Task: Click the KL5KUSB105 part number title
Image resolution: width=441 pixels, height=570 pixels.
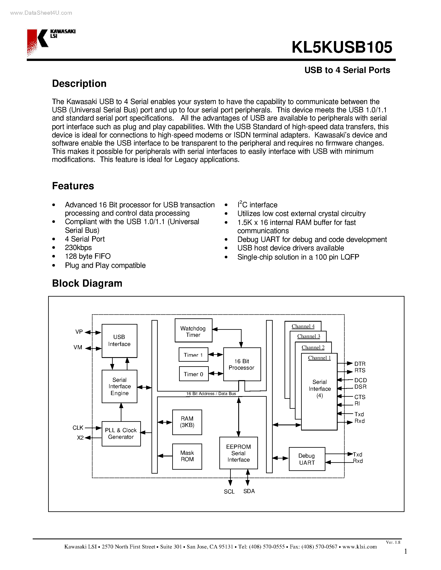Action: click(x=342, y=47)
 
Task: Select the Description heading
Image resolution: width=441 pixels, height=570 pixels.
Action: click(x=79, y=84)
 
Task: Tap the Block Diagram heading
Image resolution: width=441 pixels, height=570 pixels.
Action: click(x=87, y=283)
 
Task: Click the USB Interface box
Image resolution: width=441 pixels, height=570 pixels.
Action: click(x=119, y=341)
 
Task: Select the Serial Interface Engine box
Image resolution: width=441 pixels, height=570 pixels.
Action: click(x=119, y=386)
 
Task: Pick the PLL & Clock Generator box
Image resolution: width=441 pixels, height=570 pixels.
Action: click(x=121, y=433)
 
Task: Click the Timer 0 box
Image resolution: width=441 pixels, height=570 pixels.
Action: click(x=194, y=374)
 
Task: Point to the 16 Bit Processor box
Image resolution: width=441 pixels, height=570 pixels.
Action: click(x=242, y=364)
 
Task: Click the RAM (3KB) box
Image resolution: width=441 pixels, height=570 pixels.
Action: click(x=187, y=422)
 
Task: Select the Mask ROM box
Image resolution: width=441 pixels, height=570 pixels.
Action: click(x=187, y=456)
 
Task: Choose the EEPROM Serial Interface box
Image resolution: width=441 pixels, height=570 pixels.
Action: click(x=238, y=453)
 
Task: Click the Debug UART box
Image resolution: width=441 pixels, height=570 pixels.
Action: click(x=307, y=459)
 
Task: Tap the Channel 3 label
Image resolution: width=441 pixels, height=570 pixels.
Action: click(x=309, y=336)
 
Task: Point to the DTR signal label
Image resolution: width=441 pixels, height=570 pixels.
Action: click(x=360, y=364)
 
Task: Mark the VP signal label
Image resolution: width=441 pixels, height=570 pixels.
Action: click(x=79, y=332)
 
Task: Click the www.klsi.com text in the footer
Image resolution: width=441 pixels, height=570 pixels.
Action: click(x=359, y=547)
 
